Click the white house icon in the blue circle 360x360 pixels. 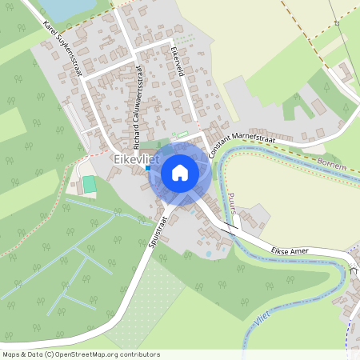tap(179, 173)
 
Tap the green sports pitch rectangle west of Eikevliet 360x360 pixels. tap(90, 184)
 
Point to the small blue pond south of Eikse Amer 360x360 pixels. tap(208, 254)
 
